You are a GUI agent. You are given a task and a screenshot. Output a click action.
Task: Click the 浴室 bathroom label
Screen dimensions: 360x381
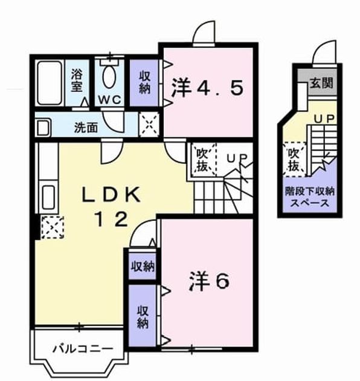point(77,81)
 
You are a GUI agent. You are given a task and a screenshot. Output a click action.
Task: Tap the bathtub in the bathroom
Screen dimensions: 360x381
point(50,83)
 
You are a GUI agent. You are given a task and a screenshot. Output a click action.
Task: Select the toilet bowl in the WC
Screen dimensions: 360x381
point(109,76)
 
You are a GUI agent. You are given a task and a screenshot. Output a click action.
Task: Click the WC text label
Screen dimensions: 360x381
point(109,100)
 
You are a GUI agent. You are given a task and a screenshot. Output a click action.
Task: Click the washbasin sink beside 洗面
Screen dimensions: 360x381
point(43,128)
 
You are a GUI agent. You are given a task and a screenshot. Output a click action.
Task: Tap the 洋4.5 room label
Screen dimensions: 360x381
point(208,88)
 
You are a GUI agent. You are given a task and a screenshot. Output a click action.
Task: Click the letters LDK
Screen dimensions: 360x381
point(111,195)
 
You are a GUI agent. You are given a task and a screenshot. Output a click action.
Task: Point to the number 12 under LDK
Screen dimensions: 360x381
point(112,220)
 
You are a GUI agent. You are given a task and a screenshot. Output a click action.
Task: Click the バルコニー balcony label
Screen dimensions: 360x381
point(83,349)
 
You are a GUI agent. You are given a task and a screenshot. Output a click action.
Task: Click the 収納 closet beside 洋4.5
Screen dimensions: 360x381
point(144,83)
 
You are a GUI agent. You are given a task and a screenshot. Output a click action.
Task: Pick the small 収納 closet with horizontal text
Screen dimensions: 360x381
point(143,267)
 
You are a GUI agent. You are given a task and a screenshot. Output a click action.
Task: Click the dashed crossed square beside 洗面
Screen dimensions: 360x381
point(149,125)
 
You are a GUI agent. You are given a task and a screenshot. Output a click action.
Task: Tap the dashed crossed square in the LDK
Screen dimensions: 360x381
point(52,227)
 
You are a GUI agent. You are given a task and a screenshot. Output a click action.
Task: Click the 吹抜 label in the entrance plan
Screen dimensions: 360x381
point(294,160)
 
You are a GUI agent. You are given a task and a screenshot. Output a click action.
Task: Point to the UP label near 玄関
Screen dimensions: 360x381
point(324,119)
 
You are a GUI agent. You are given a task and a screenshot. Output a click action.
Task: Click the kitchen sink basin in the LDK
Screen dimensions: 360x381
point(48,197)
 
